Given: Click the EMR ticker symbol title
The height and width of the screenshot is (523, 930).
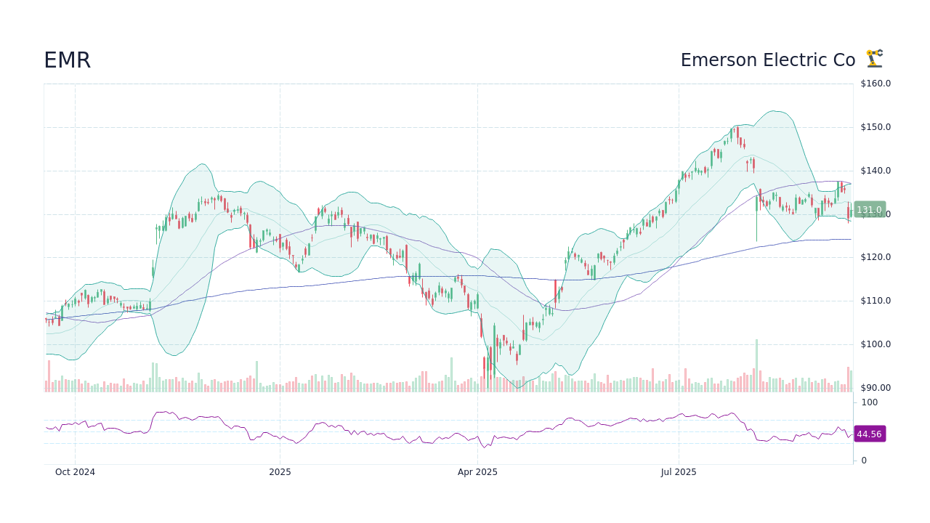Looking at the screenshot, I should pos(67,60).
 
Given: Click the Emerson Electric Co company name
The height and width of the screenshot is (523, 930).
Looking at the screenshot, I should pos(767,60).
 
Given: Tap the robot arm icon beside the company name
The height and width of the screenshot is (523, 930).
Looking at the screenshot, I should pos(874,58).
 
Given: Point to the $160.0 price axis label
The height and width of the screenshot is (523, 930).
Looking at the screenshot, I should pos(875,84).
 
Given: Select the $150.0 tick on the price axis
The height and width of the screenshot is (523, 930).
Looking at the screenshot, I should pos(875,127).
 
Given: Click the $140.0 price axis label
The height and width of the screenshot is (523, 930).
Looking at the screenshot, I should pos(875,171).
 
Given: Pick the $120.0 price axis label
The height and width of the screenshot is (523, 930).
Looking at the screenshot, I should pos(875,257).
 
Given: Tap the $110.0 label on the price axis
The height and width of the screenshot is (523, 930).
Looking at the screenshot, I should pos(875,301).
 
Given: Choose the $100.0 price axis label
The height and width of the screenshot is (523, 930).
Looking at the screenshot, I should pos(875,344).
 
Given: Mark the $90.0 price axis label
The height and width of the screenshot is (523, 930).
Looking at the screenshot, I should pos(875,388).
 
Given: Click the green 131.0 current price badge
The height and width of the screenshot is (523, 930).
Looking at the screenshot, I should pos(869,210).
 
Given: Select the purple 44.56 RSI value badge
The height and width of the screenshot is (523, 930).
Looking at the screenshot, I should pos(869,434).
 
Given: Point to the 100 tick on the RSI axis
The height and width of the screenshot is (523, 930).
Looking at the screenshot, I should pos(869,402).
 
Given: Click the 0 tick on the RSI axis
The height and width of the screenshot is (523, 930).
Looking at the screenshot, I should pos(864,461).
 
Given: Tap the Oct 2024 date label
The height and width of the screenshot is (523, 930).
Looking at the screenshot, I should pos(75,472).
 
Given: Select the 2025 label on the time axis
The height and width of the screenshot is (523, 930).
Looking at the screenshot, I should pos(280,472).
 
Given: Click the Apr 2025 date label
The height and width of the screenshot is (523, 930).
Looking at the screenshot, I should pos(477,472).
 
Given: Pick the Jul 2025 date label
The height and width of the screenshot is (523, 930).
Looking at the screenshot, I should pos(679,472).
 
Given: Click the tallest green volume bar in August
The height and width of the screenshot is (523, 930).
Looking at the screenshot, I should pos(756,365).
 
